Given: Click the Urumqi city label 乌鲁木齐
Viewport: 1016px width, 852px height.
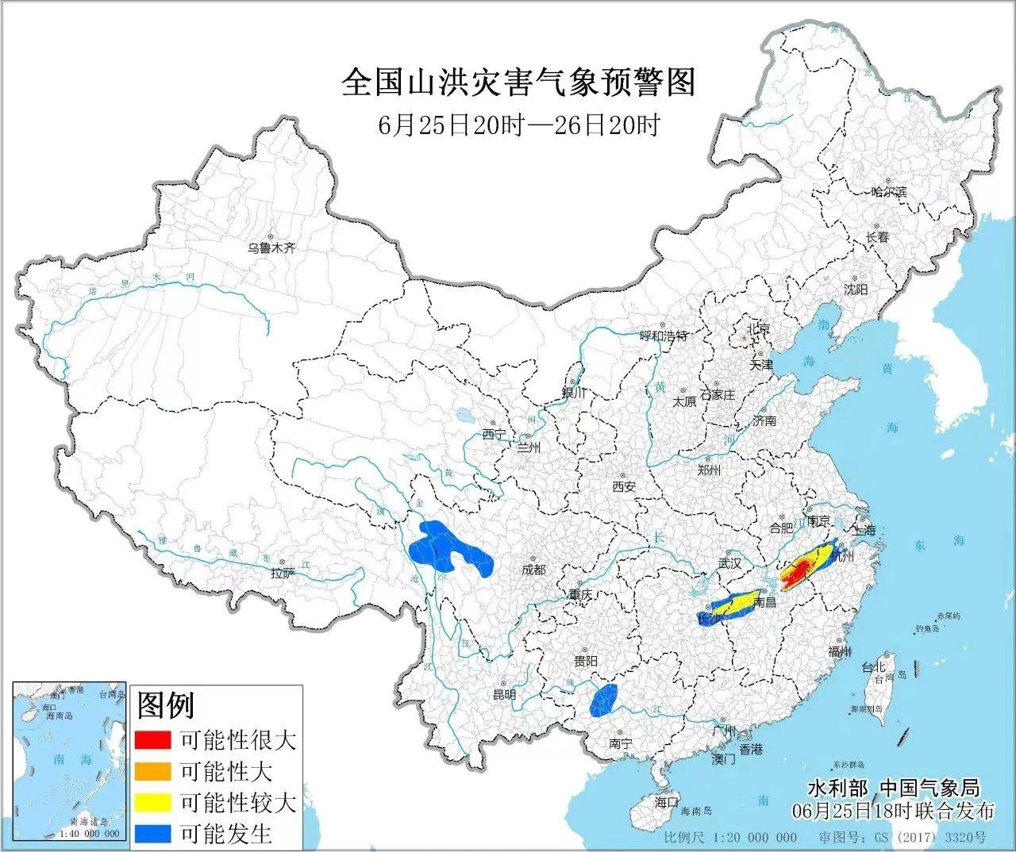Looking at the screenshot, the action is pyautogui.click(x=271, y=248).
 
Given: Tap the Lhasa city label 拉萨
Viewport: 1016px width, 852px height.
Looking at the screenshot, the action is pyautogui.click(x=282, y=573).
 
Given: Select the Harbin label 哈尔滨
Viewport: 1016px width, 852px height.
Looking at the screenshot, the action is pyautogui.click(x=888, y=192).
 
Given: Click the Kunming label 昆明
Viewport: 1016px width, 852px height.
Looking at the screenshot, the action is pyautogui.click(x=504, y=695).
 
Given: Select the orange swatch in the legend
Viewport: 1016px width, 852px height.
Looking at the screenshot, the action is pyautogui.click(x=153, y=770).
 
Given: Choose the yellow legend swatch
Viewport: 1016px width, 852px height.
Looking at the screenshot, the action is pyautogui.click(x=153, y=802).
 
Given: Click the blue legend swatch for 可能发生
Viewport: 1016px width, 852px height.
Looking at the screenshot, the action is pyautogui.click(x=153, y=833).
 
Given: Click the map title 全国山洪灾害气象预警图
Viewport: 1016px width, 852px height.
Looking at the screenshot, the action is pyautogui.click(x=518, y=83).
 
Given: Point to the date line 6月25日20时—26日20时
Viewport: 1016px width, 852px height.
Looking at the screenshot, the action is pyautogui.click(x=518, y=125).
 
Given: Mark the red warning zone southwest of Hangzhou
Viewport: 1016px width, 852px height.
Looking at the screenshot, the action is pyautogui.click(x=796, y=573).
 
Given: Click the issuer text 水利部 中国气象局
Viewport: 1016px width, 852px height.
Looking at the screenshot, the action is pyautogui.click(x=893, y=789).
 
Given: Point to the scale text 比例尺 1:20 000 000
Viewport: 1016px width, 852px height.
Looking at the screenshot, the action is pyautogui.click(x=730, y=838).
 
